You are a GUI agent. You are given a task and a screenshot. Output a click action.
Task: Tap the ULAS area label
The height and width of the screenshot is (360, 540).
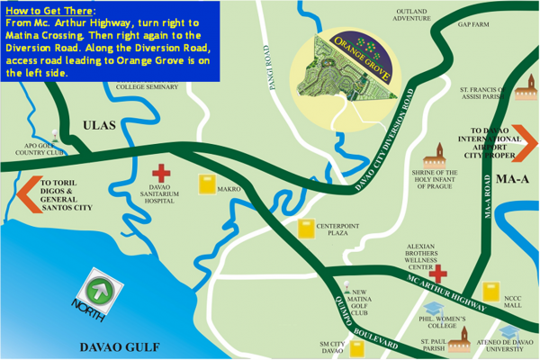pos(100,126)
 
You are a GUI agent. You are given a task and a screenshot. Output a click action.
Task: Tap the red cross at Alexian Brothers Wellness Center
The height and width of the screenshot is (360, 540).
pos(441,271)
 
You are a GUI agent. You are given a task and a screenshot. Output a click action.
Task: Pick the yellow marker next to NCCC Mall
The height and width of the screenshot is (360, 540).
pos(490,292)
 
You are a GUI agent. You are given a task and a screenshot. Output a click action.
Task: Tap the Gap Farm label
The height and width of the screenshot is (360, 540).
pos(472,24)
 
